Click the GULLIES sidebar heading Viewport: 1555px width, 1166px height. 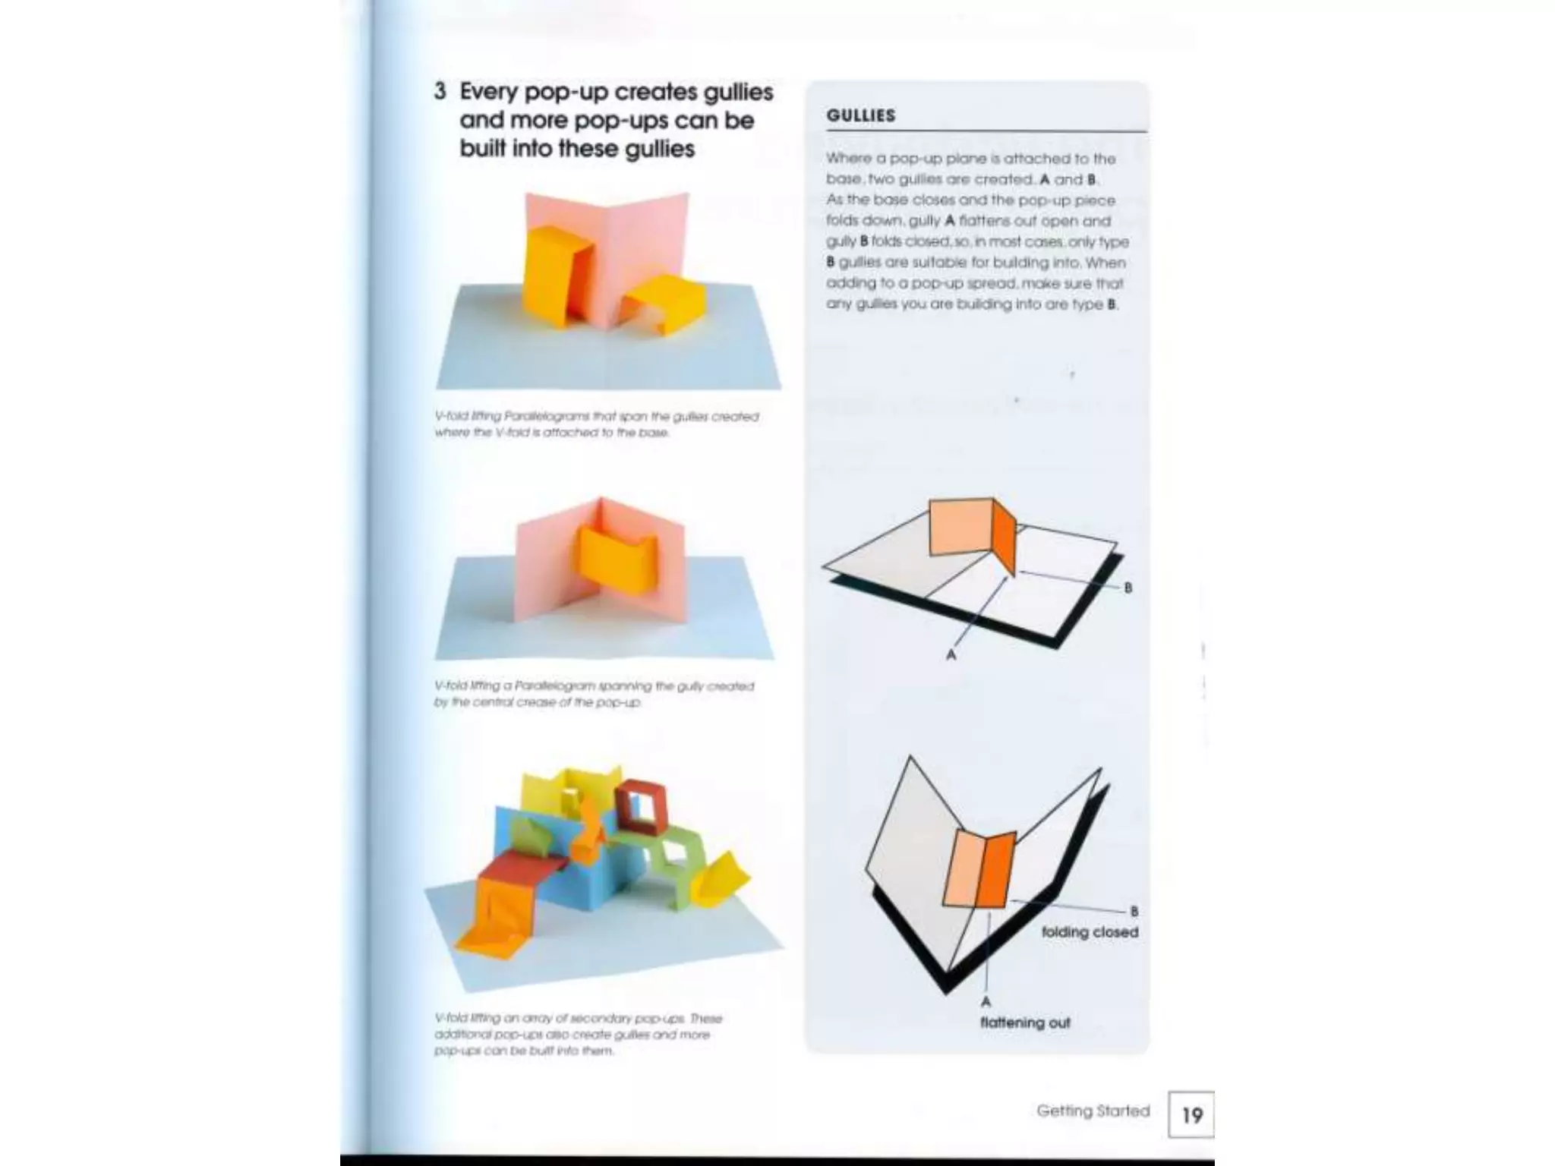pos(861,115)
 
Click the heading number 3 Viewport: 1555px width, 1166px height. pos(440,92)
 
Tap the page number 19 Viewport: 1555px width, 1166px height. pos(1191,1115)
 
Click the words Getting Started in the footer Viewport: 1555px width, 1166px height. pos(1093,1111)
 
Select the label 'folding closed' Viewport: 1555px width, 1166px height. pos(1089,932)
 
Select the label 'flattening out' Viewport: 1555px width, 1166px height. pos(1024,1023)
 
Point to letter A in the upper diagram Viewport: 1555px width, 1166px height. pos(951,654)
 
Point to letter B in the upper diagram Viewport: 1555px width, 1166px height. pos(1128,588)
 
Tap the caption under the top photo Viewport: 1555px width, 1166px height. pos(595,424)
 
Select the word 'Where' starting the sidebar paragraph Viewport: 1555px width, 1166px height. pos(844,159)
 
